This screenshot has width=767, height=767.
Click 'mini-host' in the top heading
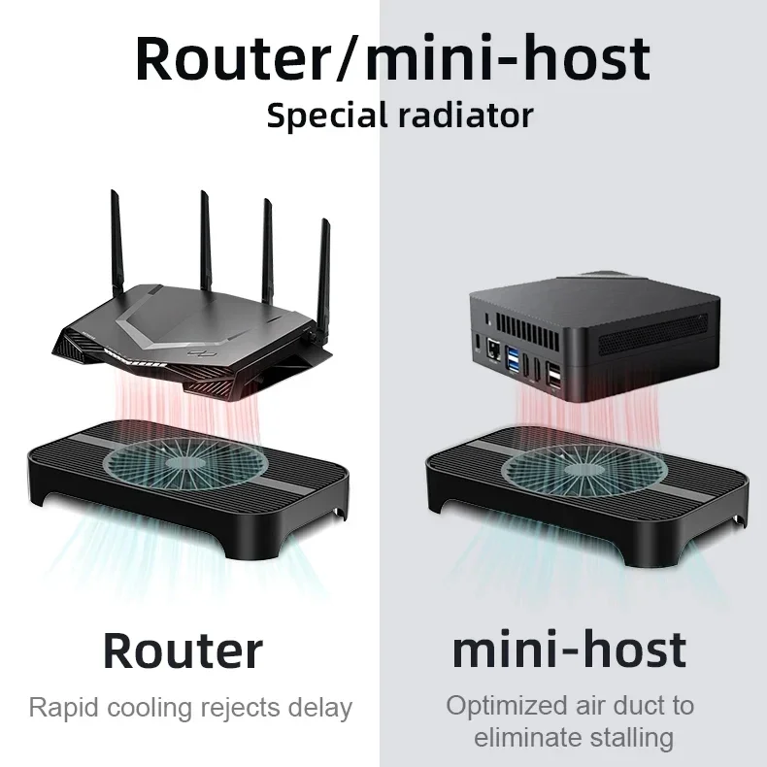[x=505, y=57]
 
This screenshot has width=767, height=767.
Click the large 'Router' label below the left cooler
[x=183, y=650]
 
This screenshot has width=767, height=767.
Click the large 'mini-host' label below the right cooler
[x=569, y=650]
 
